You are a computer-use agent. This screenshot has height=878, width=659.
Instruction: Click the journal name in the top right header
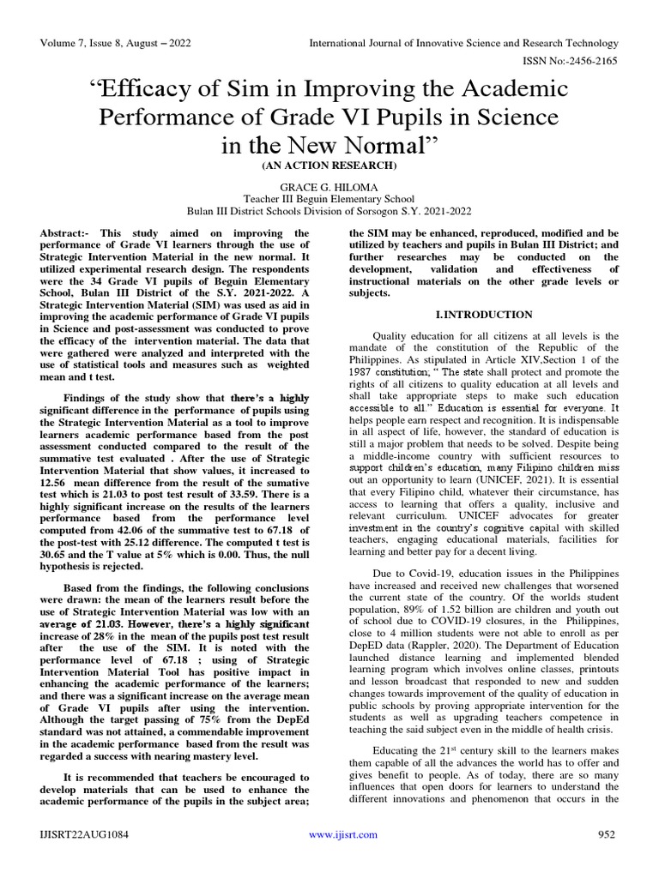coord(463,43)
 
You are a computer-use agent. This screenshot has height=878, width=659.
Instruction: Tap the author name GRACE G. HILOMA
coord(329,185)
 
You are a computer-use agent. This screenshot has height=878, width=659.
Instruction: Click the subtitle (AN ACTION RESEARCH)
coord(329,164)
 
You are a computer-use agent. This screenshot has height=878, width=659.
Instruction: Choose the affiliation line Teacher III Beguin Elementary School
coord(329,197)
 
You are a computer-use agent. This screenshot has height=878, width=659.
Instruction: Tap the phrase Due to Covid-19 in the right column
coord(410,571)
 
